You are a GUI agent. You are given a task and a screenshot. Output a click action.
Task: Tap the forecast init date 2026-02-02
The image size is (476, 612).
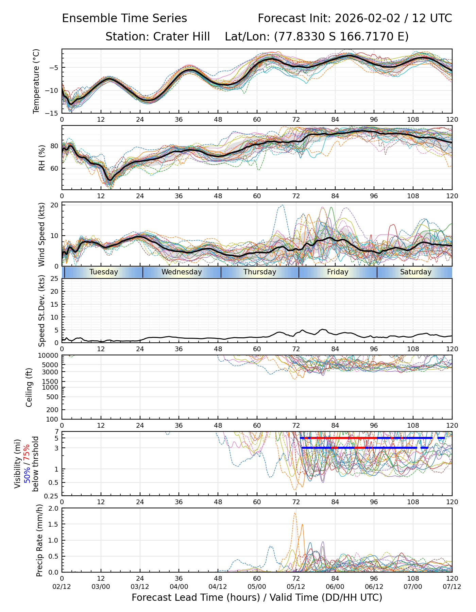coord(368,18)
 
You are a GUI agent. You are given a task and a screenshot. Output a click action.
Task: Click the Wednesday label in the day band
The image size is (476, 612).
coord(182,272)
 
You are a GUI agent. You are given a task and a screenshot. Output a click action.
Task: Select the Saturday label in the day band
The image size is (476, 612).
coord(415,272)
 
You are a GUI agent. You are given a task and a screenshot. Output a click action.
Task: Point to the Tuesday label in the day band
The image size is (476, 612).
coord(104,272)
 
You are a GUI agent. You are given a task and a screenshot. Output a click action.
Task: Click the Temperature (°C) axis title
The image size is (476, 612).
coord(36,81)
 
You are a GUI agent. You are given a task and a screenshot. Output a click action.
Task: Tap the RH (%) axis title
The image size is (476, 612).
coord(42,157)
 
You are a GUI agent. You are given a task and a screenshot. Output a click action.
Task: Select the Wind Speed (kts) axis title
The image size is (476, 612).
coord(42,234)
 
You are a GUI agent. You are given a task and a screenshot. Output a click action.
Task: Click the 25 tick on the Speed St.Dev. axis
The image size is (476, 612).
coord(55,279)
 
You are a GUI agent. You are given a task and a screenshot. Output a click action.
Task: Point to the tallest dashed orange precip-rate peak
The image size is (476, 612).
coord(295,513)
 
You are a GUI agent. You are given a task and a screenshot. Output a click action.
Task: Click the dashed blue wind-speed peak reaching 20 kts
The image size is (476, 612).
coord(282,205)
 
